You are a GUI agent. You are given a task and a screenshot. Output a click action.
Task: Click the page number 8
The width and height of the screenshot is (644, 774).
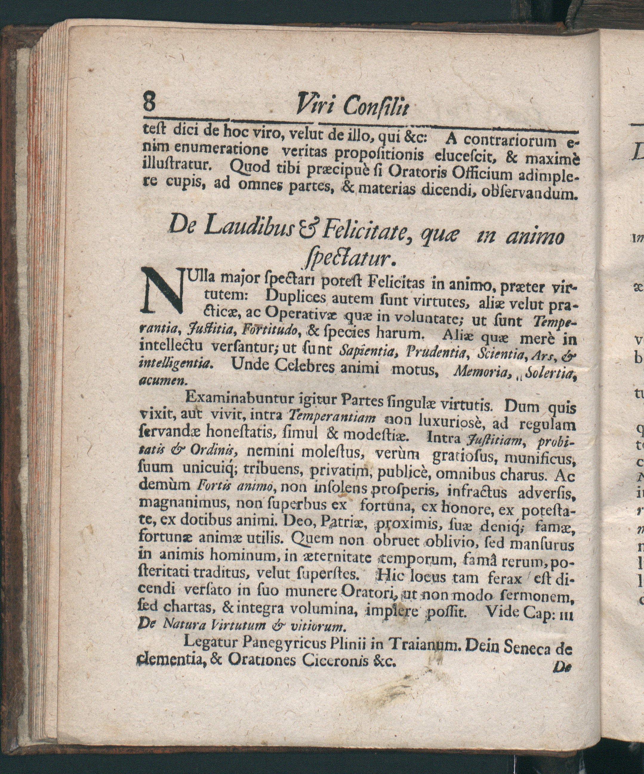pyautogui.click(x=149, y=102)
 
